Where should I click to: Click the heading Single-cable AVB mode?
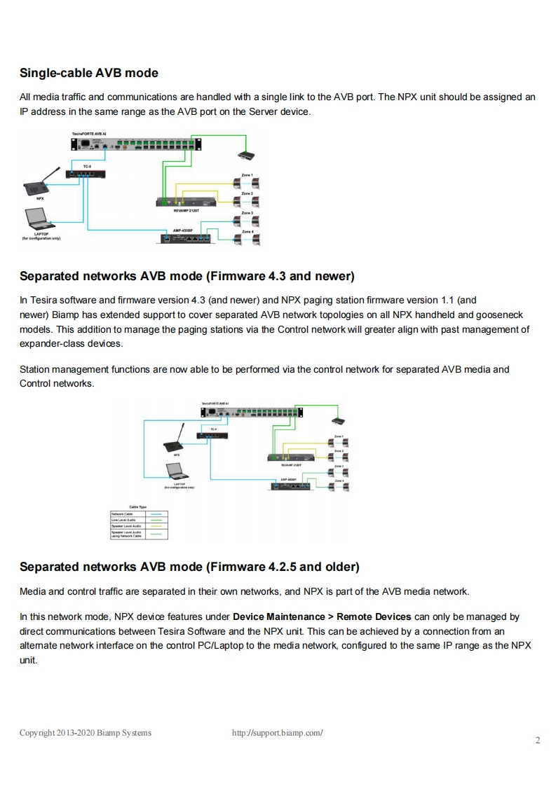tap(89, 73)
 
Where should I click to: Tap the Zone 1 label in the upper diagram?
tap(247, 175)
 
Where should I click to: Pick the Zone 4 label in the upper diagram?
tap(247, 230)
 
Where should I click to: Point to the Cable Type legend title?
tap(136, 507)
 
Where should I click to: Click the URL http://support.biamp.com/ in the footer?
tap(277, 733)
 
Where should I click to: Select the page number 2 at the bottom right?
tap(538, 741)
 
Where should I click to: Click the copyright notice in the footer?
tap(85, 733)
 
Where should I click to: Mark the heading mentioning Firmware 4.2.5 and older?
tap(189, 566)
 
